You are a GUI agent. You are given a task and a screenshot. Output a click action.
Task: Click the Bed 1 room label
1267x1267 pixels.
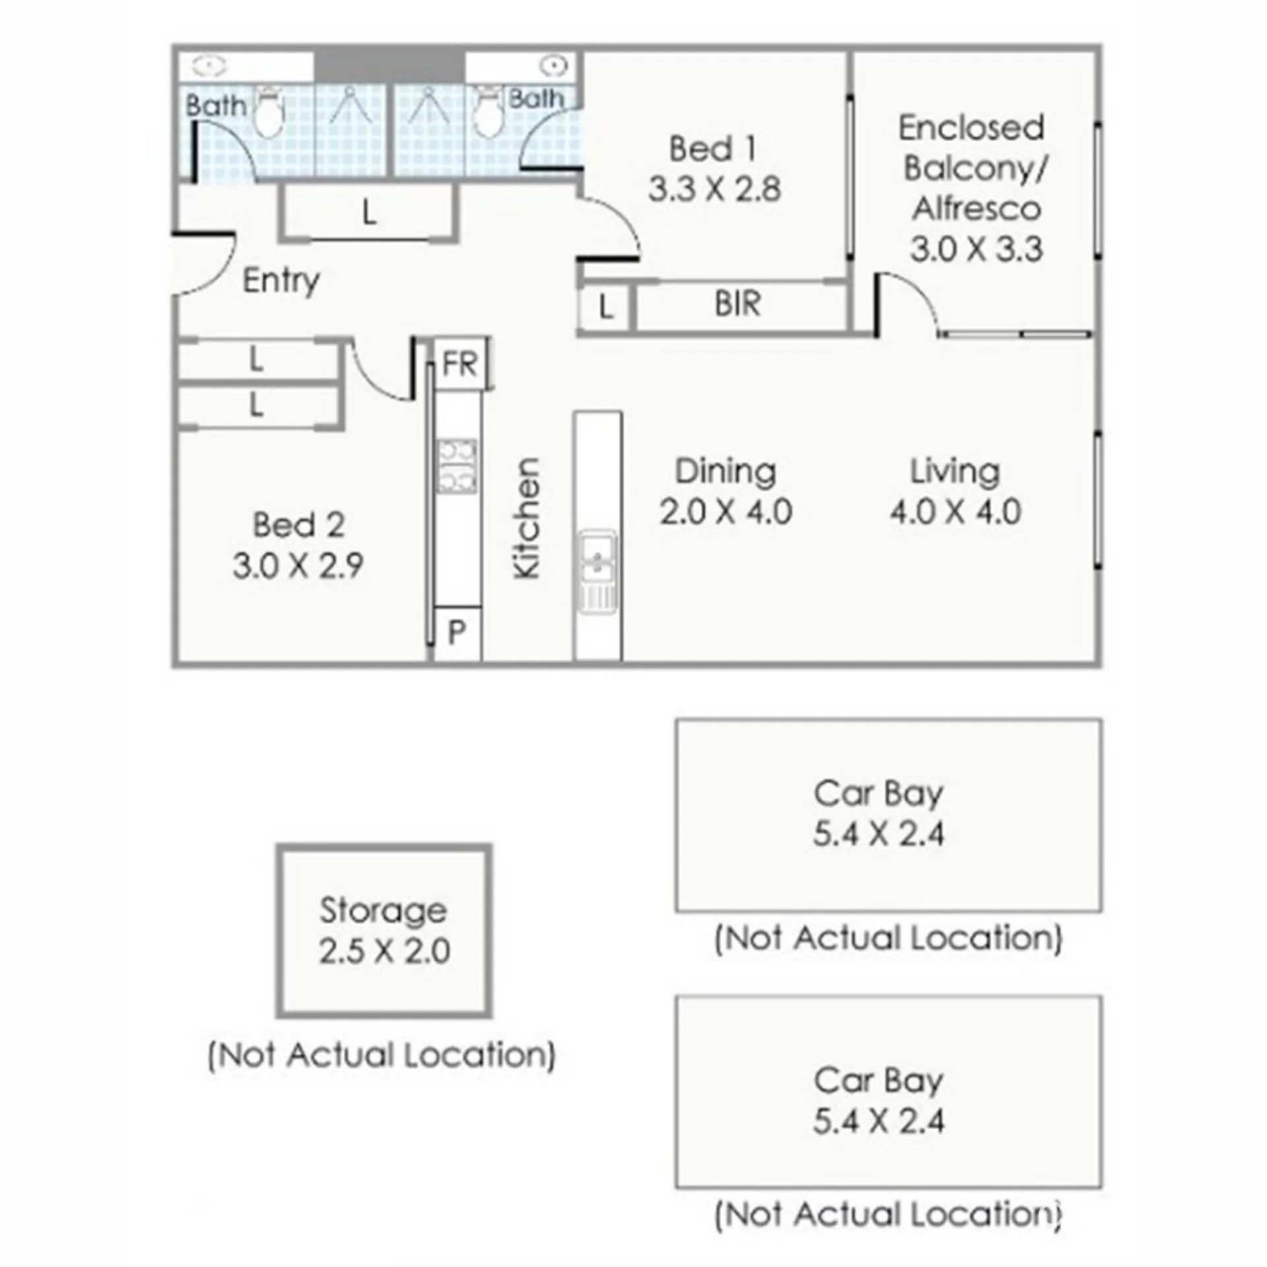[x=712, y=148]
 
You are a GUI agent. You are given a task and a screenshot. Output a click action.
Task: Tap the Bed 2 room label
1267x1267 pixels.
[x=299, y=525]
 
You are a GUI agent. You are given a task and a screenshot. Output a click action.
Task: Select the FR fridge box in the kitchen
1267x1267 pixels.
[x=460, y=364]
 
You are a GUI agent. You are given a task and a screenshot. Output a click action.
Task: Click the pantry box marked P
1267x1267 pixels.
[x=457, y=633]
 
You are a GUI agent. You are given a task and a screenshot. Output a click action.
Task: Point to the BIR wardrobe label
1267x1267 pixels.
[x=738, y=304]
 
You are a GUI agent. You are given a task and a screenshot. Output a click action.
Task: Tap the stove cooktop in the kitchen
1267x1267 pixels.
[x=457, y=466]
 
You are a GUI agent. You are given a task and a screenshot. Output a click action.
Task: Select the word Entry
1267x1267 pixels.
[x=281, y=281]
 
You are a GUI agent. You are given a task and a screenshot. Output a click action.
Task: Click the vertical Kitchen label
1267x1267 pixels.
[x=527, y=519]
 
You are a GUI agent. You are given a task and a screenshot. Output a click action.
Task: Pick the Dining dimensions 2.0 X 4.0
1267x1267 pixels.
[x=726, y=512]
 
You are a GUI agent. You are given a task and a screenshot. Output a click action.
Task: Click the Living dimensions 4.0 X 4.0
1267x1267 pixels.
[x=956, y=512]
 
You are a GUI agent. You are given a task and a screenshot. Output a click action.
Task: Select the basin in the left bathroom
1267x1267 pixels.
[x=210, y=66]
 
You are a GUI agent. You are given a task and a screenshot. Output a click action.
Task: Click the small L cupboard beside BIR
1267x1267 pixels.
[x=605, y=307]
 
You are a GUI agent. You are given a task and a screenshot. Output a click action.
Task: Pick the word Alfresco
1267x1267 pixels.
[x=977, y=209]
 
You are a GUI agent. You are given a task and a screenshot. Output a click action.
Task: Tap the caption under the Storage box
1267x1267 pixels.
[x=382, y=1055]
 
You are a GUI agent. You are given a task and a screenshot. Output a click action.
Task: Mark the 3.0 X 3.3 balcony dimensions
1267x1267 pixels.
[x=977, y=249]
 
